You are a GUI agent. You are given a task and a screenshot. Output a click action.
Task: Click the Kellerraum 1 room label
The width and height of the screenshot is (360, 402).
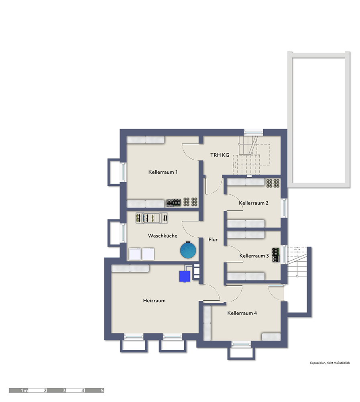(163, 172)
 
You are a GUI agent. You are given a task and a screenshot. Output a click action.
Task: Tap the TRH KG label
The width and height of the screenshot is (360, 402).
(220, 155)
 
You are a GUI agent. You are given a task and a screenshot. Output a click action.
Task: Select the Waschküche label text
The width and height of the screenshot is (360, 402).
(163, 236)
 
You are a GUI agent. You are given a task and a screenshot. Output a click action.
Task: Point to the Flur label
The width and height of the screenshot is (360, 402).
(213, 240)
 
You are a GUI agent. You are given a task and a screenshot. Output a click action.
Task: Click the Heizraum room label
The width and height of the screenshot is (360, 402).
(154, 300)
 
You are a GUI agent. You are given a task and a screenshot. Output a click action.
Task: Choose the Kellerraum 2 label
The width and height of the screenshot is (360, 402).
(254, 203)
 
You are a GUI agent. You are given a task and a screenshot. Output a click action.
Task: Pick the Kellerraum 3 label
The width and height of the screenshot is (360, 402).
(254, 256)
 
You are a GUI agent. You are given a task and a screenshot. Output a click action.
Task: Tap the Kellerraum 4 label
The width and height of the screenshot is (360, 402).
(242, 313)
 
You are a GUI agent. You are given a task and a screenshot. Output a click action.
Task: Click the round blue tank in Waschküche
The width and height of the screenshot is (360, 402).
(188, 250)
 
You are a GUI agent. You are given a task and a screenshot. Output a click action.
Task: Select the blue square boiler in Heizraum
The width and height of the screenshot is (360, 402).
(185, 277)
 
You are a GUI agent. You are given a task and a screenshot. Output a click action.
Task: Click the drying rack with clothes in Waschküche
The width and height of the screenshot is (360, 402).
(152, 218)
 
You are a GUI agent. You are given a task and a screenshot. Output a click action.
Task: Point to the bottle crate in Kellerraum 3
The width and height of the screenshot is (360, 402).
(275, 255)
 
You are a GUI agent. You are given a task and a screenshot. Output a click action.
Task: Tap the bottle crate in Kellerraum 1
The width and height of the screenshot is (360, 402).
(173, 203)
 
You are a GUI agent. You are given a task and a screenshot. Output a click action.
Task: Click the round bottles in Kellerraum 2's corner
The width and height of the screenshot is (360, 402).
(273, 183)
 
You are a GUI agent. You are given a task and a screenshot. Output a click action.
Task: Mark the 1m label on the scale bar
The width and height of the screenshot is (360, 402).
(24, 390)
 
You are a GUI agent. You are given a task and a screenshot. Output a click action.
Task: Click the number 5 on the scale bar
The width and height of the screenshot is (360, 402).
(102, 390)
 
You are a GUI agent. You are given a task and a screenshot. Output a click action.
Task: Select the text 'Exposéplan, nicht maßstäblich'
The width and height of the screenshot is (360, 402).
(330, 363)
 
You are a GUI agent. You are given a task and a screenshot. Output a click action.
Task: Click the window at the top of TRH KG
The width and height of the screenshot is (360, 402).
(253, 132)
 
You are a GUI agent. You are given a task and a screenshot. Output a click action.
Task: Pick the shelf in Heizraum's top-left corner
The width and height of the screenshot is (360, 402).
(130, 269)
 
